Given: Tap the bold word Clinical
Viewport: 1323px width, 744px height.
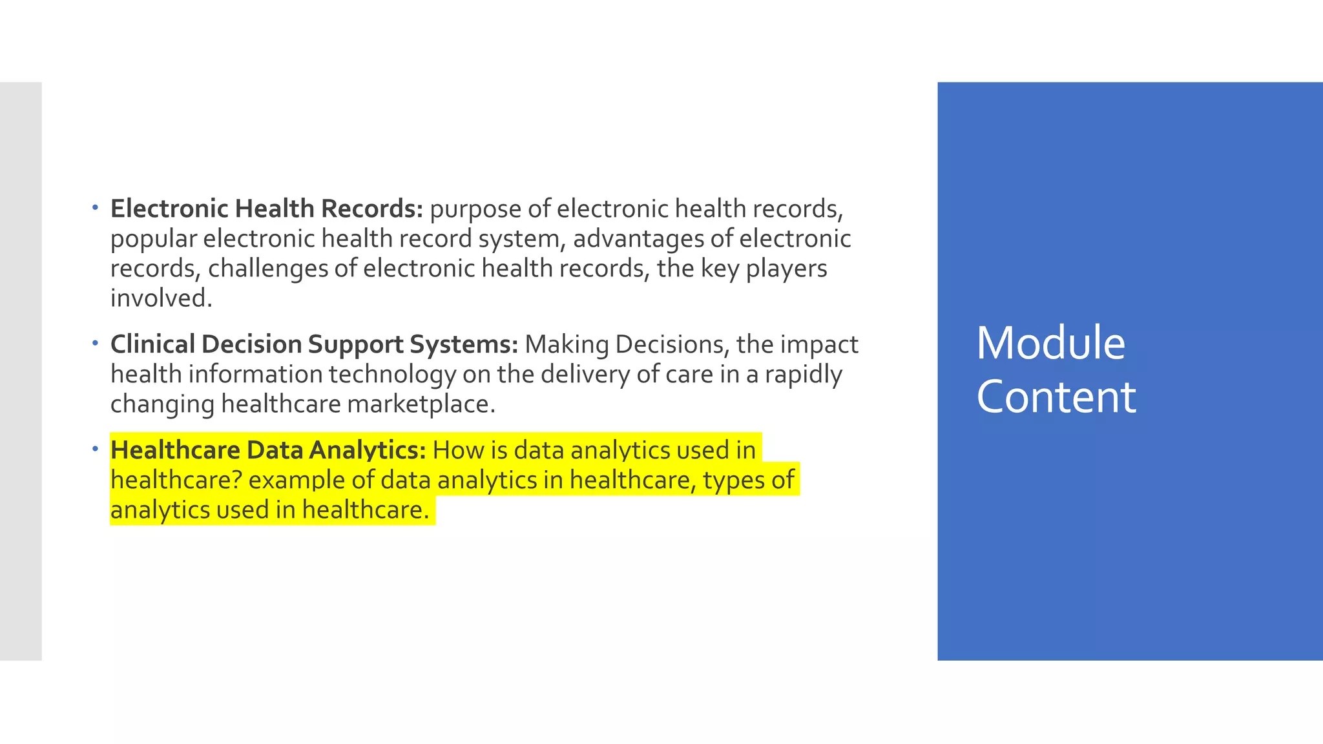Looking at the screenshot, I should pyautogui.click(x=152, y=344).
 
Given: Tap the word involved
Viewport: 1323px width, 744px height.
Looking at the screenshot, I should pyautogui.click(x=161, y=298).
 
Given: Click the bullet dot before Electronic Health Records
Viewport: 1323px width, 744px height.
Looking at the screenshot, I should pyautogui.click(x=95, y=208).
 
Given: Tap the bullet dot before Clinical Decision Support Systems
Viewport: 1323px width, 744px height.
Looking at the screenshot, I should pyautogui.click(x=95, y=343).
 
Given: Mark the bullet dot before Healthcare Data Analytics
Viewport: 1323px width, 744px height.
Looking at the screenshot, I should pyautogui.click(x=95, y=449).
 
